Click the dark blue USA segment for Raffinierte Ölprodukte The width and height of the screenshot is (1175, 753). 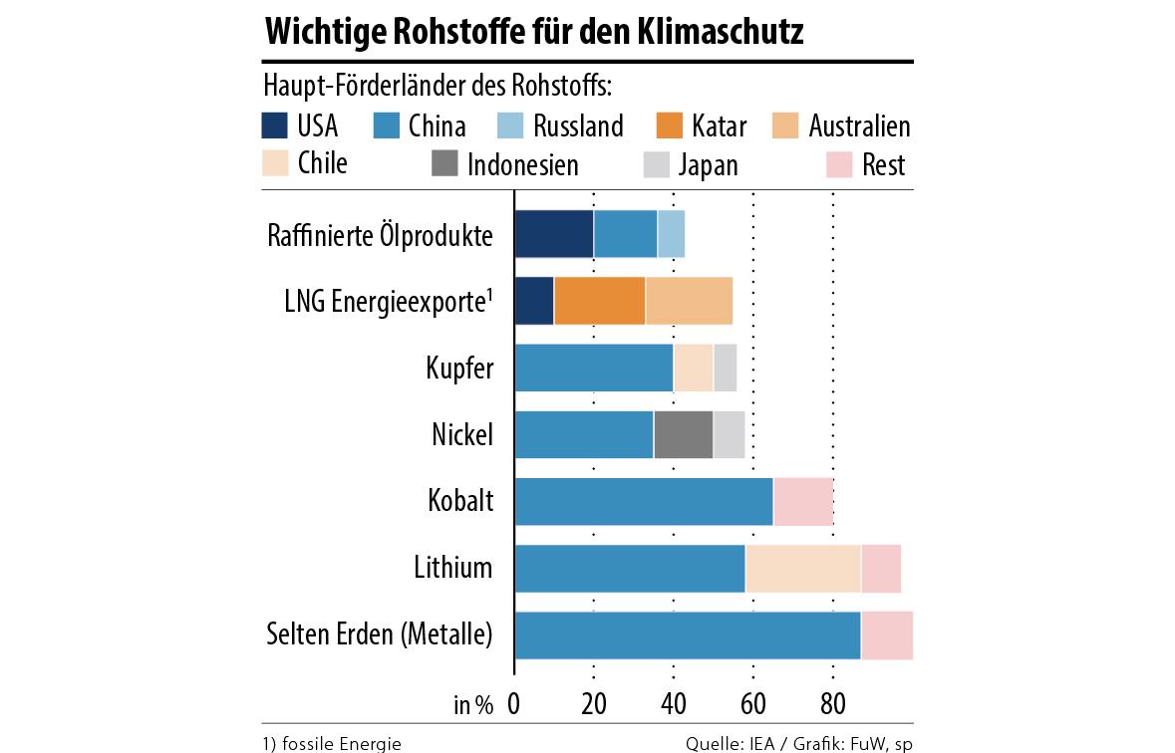554,234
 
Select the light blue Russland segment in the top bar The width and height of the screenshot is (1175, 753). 671,234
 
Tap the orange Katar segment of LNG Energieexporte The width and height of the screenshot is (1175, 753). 599,301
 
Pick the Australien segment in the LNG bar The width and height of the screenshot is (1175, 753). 689,301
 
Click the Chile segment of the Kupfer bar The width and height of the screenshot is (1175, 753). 693,368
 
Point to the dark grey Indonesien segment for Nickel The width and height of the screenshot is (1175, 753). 683,434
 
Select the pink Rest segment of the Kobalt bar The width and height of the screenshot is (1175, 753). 802,501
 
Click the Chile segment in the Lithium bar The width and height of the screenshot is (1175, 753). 802,568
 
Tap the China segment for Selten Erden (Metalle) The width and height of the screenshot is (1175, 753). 688,634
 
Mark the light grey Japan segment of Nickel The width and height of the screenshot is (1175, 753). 729,434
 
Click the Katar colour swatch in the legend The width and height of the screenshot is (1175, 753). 669,126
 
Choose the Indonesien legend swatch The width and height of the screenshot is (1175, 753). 444,163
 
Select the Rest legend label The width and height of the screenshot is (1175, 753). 883,163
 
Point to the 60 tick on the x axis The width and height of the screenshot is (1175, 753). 753,704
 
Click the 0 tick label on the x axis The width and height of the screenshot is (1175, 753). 514,704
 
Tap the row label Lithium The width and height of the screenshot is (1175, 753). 453,568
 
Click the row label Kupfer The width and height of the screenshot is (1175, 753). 459,368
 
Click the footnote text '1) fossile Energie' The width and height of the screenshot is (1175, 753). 332,743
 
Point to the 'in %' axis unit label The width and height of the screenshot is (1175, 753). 473,705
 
